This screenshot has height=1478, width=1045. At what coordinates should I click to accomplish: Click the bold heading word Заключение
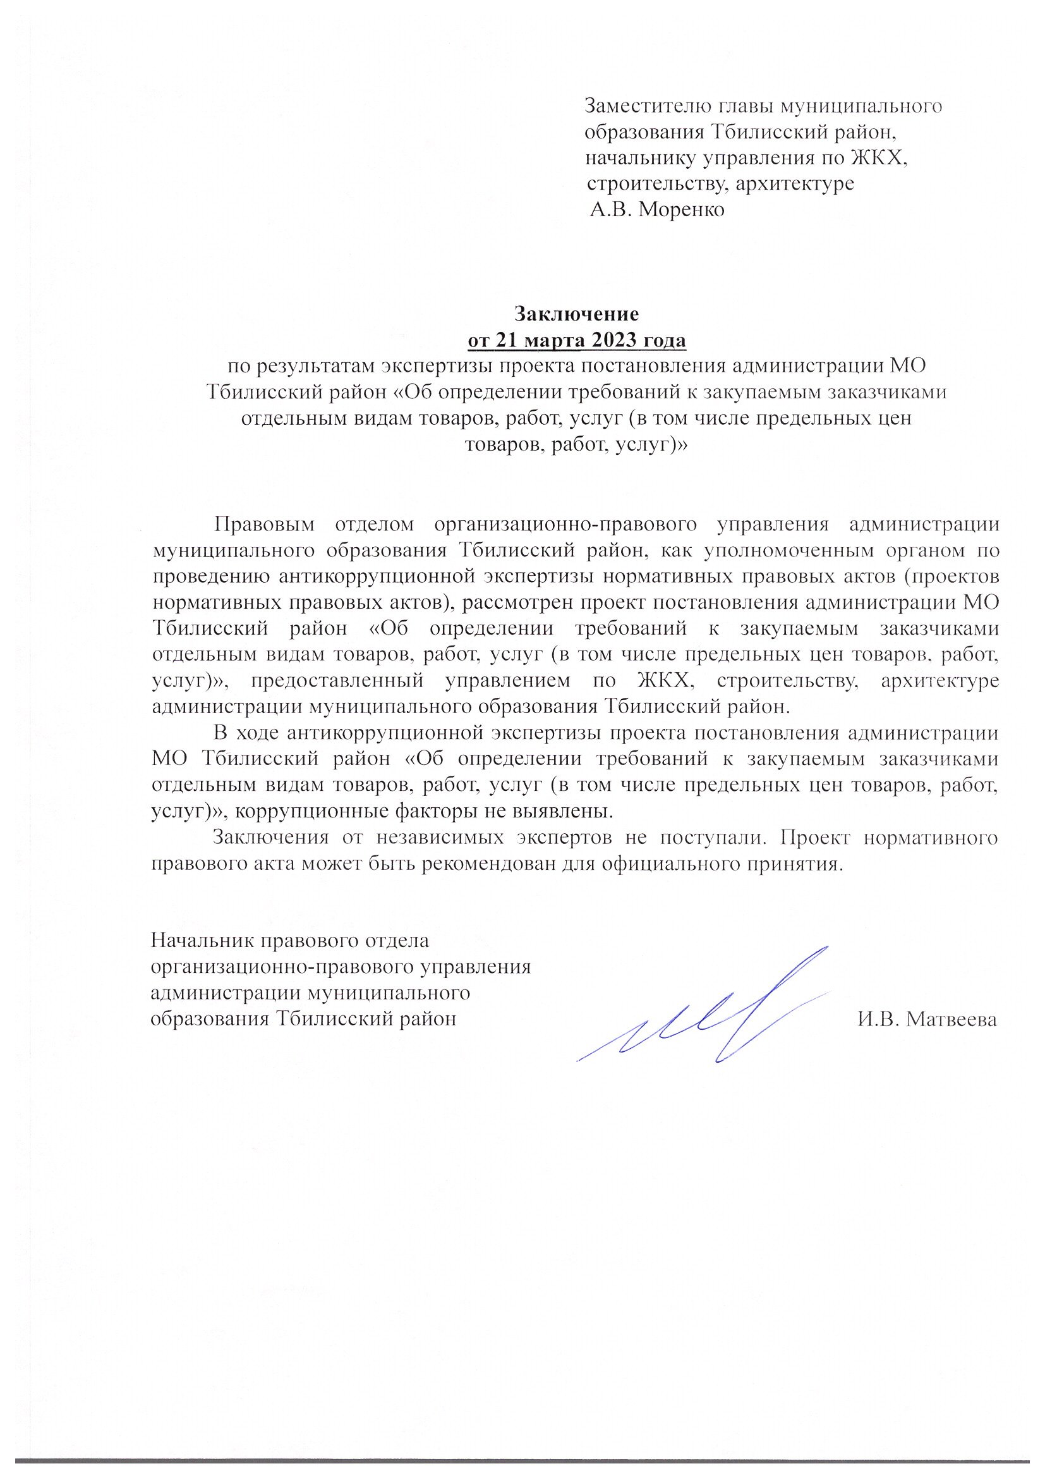point(576,314)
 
